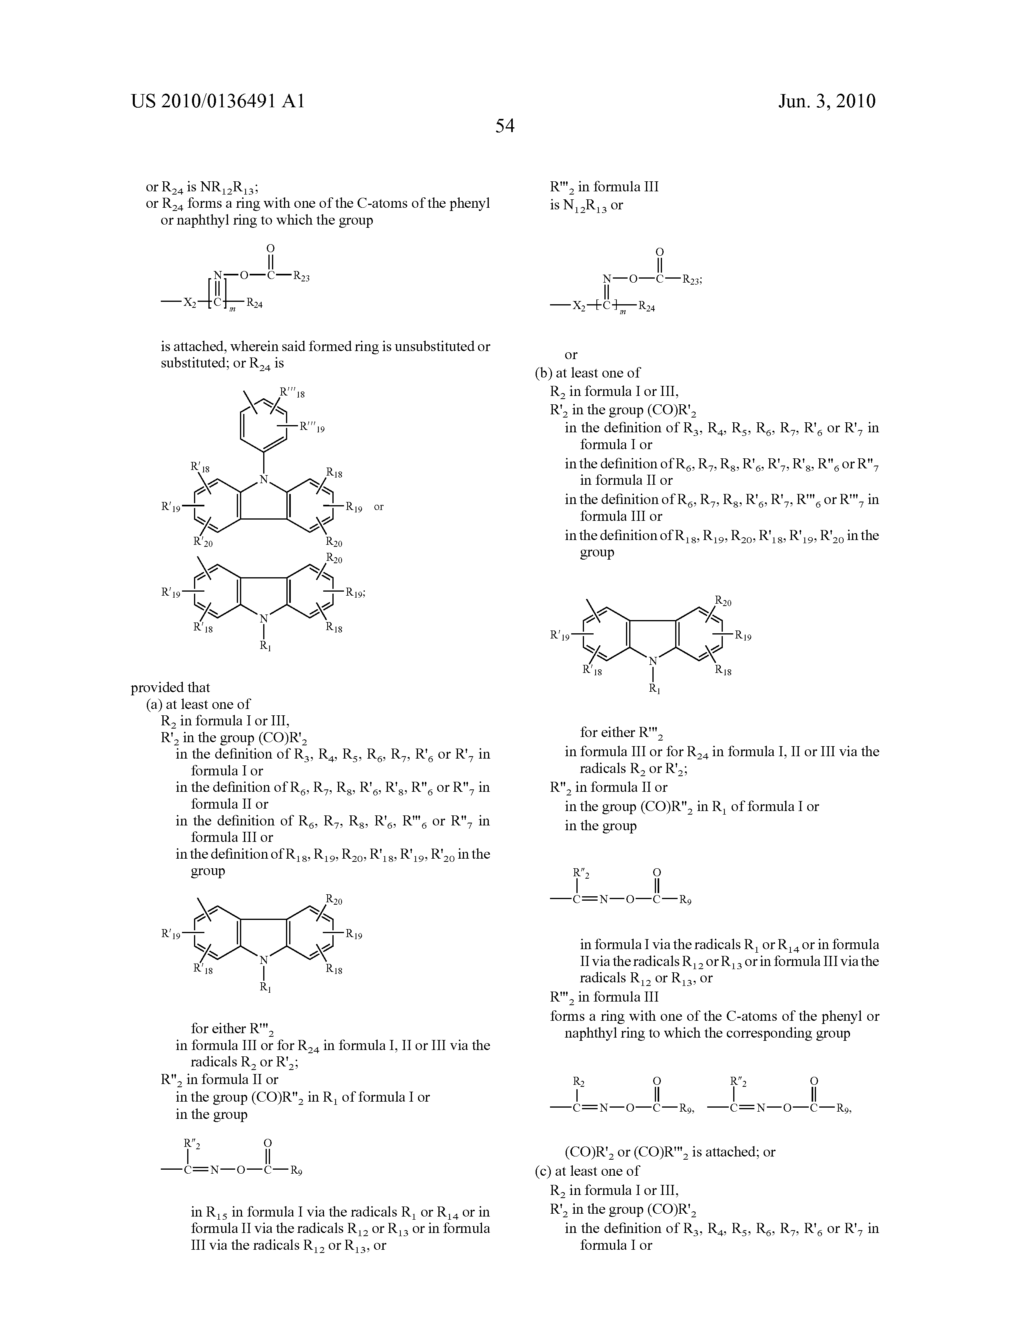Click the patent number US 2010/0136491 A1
tap(218, 101)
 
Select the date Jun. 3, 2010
tap(826, 101)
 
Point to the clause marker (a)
tap(155, 704)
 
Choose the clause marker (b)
tap(544, 373)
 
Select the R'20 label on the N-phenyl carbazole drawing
tap(203, 542)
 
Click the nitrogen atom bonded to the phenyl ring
tap(264, 480)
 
